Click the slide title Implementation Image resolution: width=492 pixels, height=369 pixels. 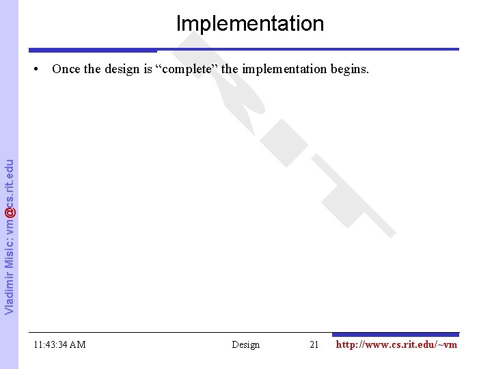pyautogui.click(x=250, y=23)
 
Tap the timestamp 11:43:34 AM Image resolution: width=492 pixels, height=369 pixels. pyautogui.click(x=59, y=344)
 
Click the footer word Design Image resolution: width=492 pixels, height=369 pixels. pyautogui.click(x=246, y=344)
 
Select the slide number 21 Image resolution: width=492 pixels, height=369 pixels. pyautogui.click(x=314, y=344)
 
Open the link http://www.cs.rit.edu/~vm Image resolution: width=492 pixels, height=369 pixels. pyautogui.click(x=396, y=344)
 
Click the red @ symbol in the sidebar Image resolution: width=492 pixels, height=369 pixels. pyautogui.click(x=9, y=213)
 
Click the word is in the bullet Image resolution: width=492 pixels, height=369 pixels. pyautogui.click(x=148, y=69)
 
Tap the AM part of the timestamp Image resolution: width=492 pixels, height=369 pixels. pyautogui.click(x=77, y=344)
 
